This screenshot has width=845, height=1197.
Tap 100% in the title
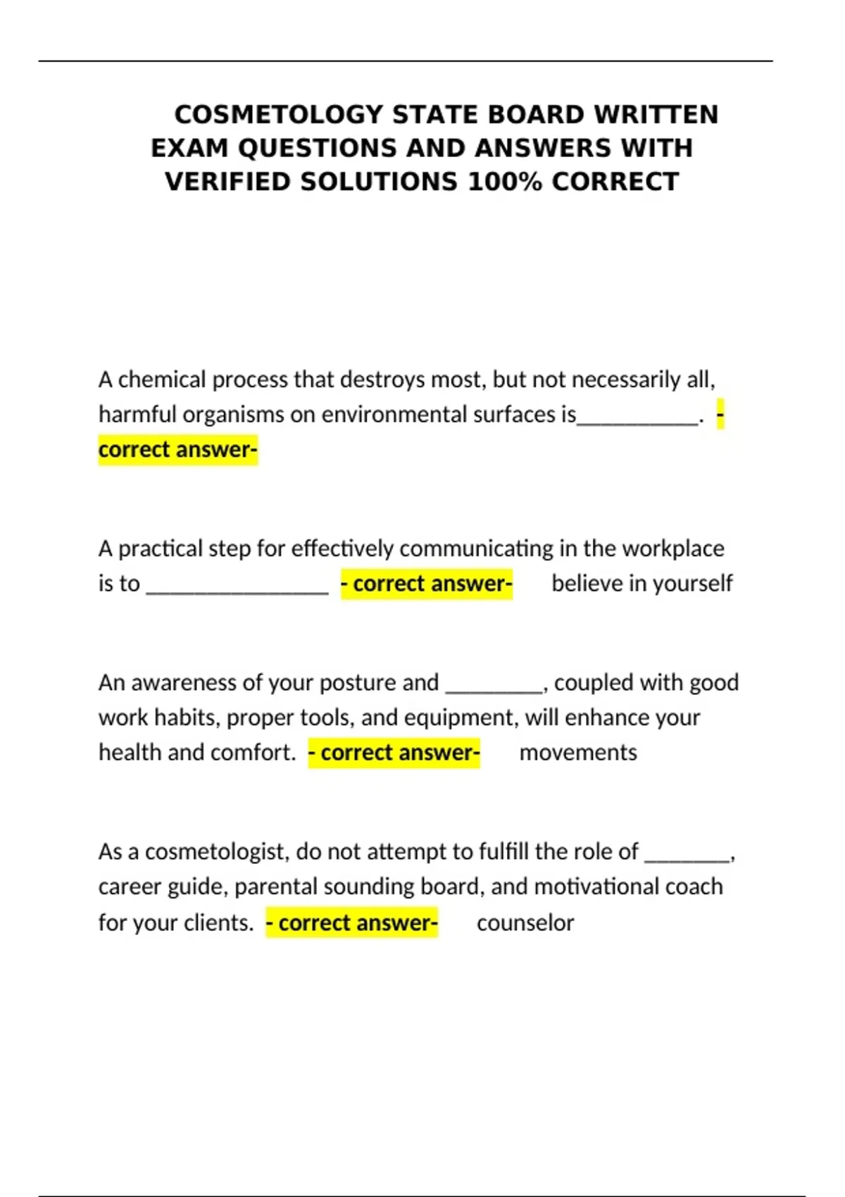coord(505,182)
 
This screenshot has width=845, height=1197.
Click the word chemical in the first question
coord(163,380)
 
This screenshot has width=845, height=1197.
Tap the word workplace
coord(673,549)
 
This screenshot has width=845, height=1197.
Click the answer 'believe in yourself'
coord(641,584)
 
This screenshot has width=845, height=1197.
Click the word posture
coord(357,682)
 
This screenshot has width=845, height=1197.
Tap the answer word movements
coord(578,753)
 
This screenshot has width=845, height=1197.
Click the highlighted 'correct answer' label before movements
coord(394,753)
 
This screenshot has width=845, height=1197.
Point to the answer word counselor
coord(525,923)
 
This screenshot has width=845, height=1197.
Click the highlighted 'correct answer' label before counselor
coord(352,923)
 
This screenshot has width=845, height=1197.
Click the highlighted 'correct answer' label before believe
coord(427,584)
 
